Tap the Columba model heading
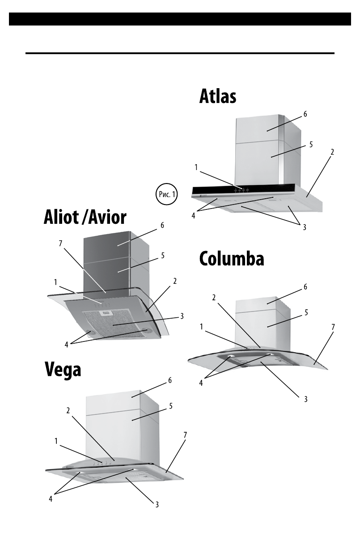click(x=231, y=259)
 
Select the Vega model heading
click(x=63, y=369)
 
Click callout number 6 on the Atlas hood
click(x=305, y=114)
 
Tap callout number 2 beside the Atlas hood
click(x=332, y=152)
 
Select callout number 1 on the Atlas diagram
click(x=196, y=167)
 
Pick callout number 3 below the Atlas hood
click(x=304, y=227)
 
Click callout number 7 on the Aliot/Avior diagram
click(x=61, y=243)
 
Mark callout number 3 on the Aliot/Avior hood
click(x=182, y=316)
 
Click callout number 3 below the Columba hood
click(x=306, y=399)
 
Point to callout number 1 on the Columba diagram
click(x=203, y=327)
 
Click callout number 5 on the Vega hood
click(x=170, y=406)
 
